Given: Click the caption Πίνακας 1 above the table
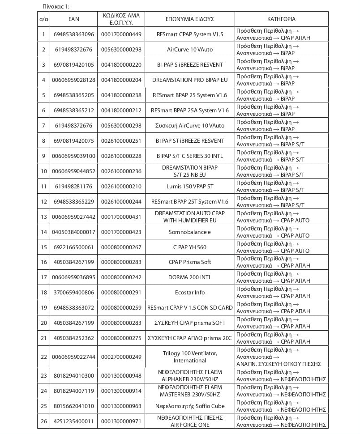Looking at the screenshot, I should point(56,6).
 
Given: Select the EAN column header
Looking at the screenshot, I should point(73,19).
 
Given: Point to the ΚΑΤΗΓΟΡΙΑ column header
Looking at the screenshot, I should point(281,19).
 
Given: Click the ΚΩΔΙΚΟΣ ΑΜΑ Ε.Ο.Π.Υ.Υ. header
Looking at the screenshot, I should point(121,19).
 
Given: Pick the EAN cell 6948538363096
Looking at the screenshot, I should point(73,34).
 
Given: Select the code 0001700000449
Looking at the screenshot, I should point(121,34).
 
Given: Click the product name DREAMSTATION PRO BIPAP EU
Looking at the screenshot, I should point(189,80).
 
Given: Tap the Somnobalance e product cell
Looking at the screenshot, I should point(189,232).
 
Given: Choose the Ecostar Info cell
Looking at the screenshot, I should point(189,293).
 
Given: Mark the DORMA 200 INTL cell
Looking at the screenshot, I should point(189,277).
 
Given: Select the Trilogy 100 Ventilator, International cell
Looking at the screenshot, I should point(189,357).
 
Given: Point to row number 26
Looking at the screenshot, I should point(44,421).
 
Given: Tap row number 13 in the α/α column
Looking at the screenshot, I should point(44,217).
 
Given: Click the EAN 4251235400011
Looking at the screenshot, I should point(73,421).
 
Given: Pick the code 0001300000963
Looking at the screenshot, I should point(121,406).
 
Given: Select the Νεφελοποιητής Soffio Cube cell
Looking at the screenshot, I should point(189,406).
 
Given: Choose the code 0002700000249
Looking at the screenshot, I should point(121,357).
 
